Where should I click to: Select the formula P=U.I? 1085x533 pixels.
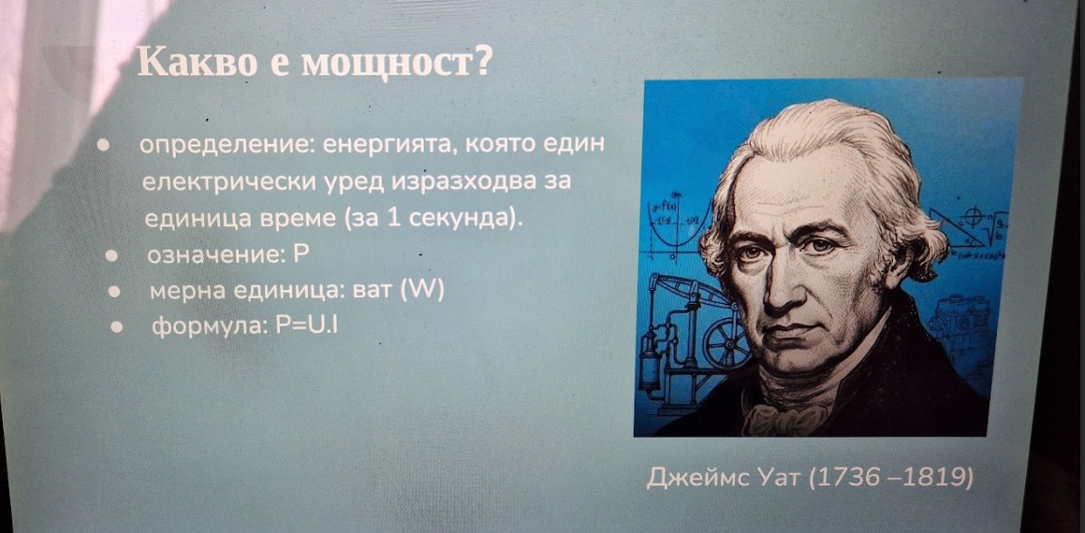click(306, 326)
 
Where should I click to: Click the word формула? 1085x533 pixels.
click(208, 327)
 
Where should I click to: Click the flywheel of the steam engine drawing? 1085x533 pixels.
click(727, 343)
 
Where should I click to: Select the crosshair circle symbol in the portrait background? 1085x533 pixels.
click(972, 219)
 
